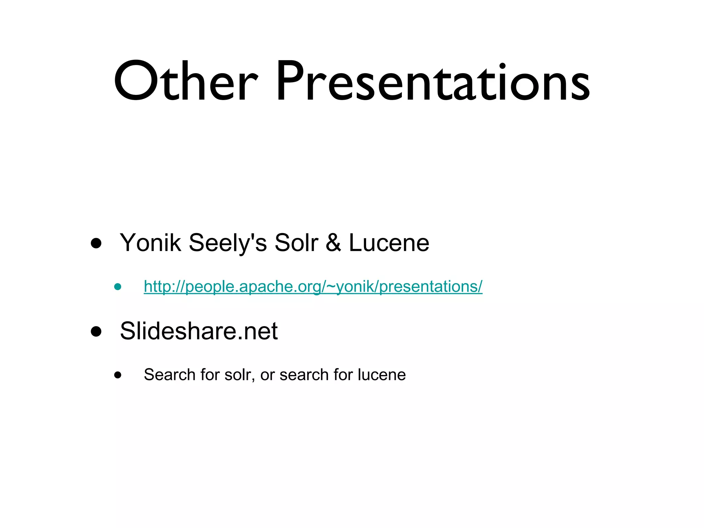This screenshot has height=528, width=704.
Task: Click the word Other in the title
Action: pyautogui.click(x=186, y=82)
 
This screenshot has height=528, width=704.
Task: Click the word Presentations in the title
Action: pyautogui.click(x=433, y=82)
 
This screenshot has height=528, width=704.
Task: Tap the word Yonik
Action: pyautogui.click(x=150, y=243)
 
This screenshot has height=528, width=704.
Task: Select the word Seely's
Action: pyautogui.click(x=228, y=243)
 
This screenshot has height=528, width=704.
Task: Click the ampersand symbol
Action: pyautogui.click(x=333, y=243)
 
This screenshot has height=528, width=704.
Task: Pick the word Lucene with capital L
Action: pyautogui.click(x=389, y=243)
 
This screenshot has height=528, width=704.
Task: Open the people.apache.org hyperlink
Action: pyautogui.click(x=313, y=286)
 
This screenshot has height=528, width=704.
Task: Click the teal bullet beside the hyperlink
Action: pyautogui.click(x=118, y=287)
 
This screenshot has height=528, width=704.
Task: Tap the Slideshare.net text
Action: pyautogui.click(x=199, y=331)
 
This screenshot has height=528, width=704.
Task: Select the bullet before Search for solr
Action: pyautogui.click(x=118, y=375)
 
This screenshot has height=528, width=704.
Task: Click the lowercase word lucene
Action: pyautogui.click(x=382, y=375)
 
